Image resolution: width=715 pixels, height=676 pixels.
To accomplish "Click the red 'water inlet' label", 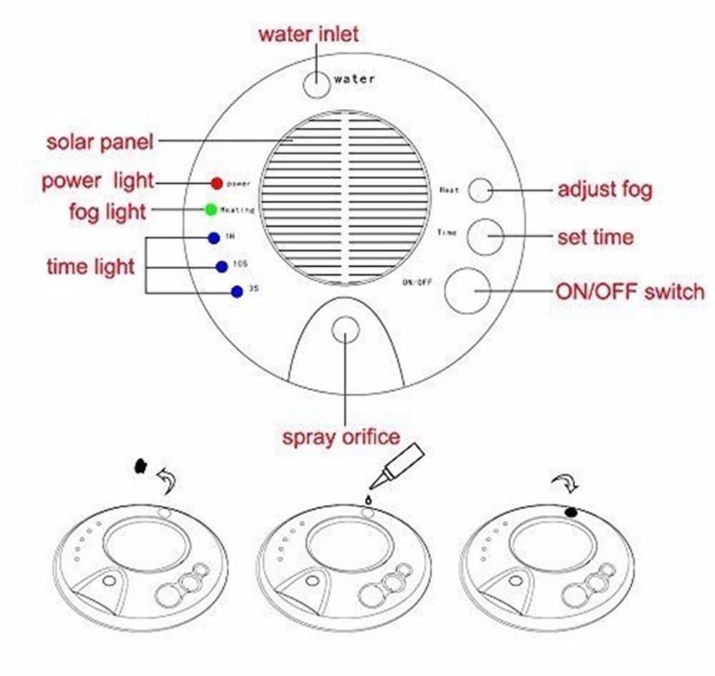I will pyautogui.click(x=308, y=33).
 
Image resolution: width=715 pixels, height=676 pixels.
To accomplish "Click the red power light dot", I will pyautogui.click(x=217, y=183).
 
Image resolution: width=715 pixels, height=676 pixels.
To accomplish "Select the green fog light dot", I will pyautogui.click(x=210, y=210).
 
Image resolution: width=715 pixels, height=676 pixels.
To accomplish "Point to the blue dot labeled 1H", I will pyautogui.click(x=212, y=238).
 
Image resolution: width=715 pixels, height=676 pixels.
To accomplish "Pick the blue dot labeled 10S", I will pyautogui.click(x=222, y=266).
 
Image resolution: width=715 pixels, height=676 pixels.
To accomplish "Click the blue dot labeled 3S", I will pyautogui.click(x=235, y=292).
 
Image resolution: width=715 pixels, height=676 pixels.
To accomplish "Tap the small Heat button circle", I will pyautogui.click(x=480, y=190).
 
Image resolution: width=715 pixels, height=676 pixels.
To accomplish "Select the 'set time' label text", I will pyautogui.click(x=595, y=237).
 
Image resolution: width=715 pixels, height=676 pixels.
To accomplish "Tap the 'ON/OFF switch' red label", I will pyautogui.click(x=629, y=292).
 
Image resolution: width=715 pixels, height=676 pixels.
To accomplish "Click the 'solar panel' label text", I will pyautogui.click(x=100, y=141).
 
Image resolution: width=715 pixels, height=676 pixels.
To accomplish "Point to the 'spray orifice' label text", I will pyautogui.click(x=340, y=436).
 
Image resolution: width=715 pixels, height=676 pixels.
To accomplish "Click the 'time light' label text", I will pyautogui.click(x=90, y=267).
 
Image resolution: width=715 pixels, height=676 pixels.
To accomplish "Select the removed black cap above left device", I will pyautogui.click(x=140, y=466).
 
